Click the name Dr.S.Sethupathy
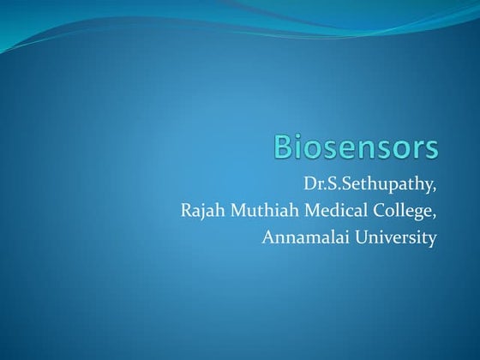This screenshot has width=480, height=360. [370, 183]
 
